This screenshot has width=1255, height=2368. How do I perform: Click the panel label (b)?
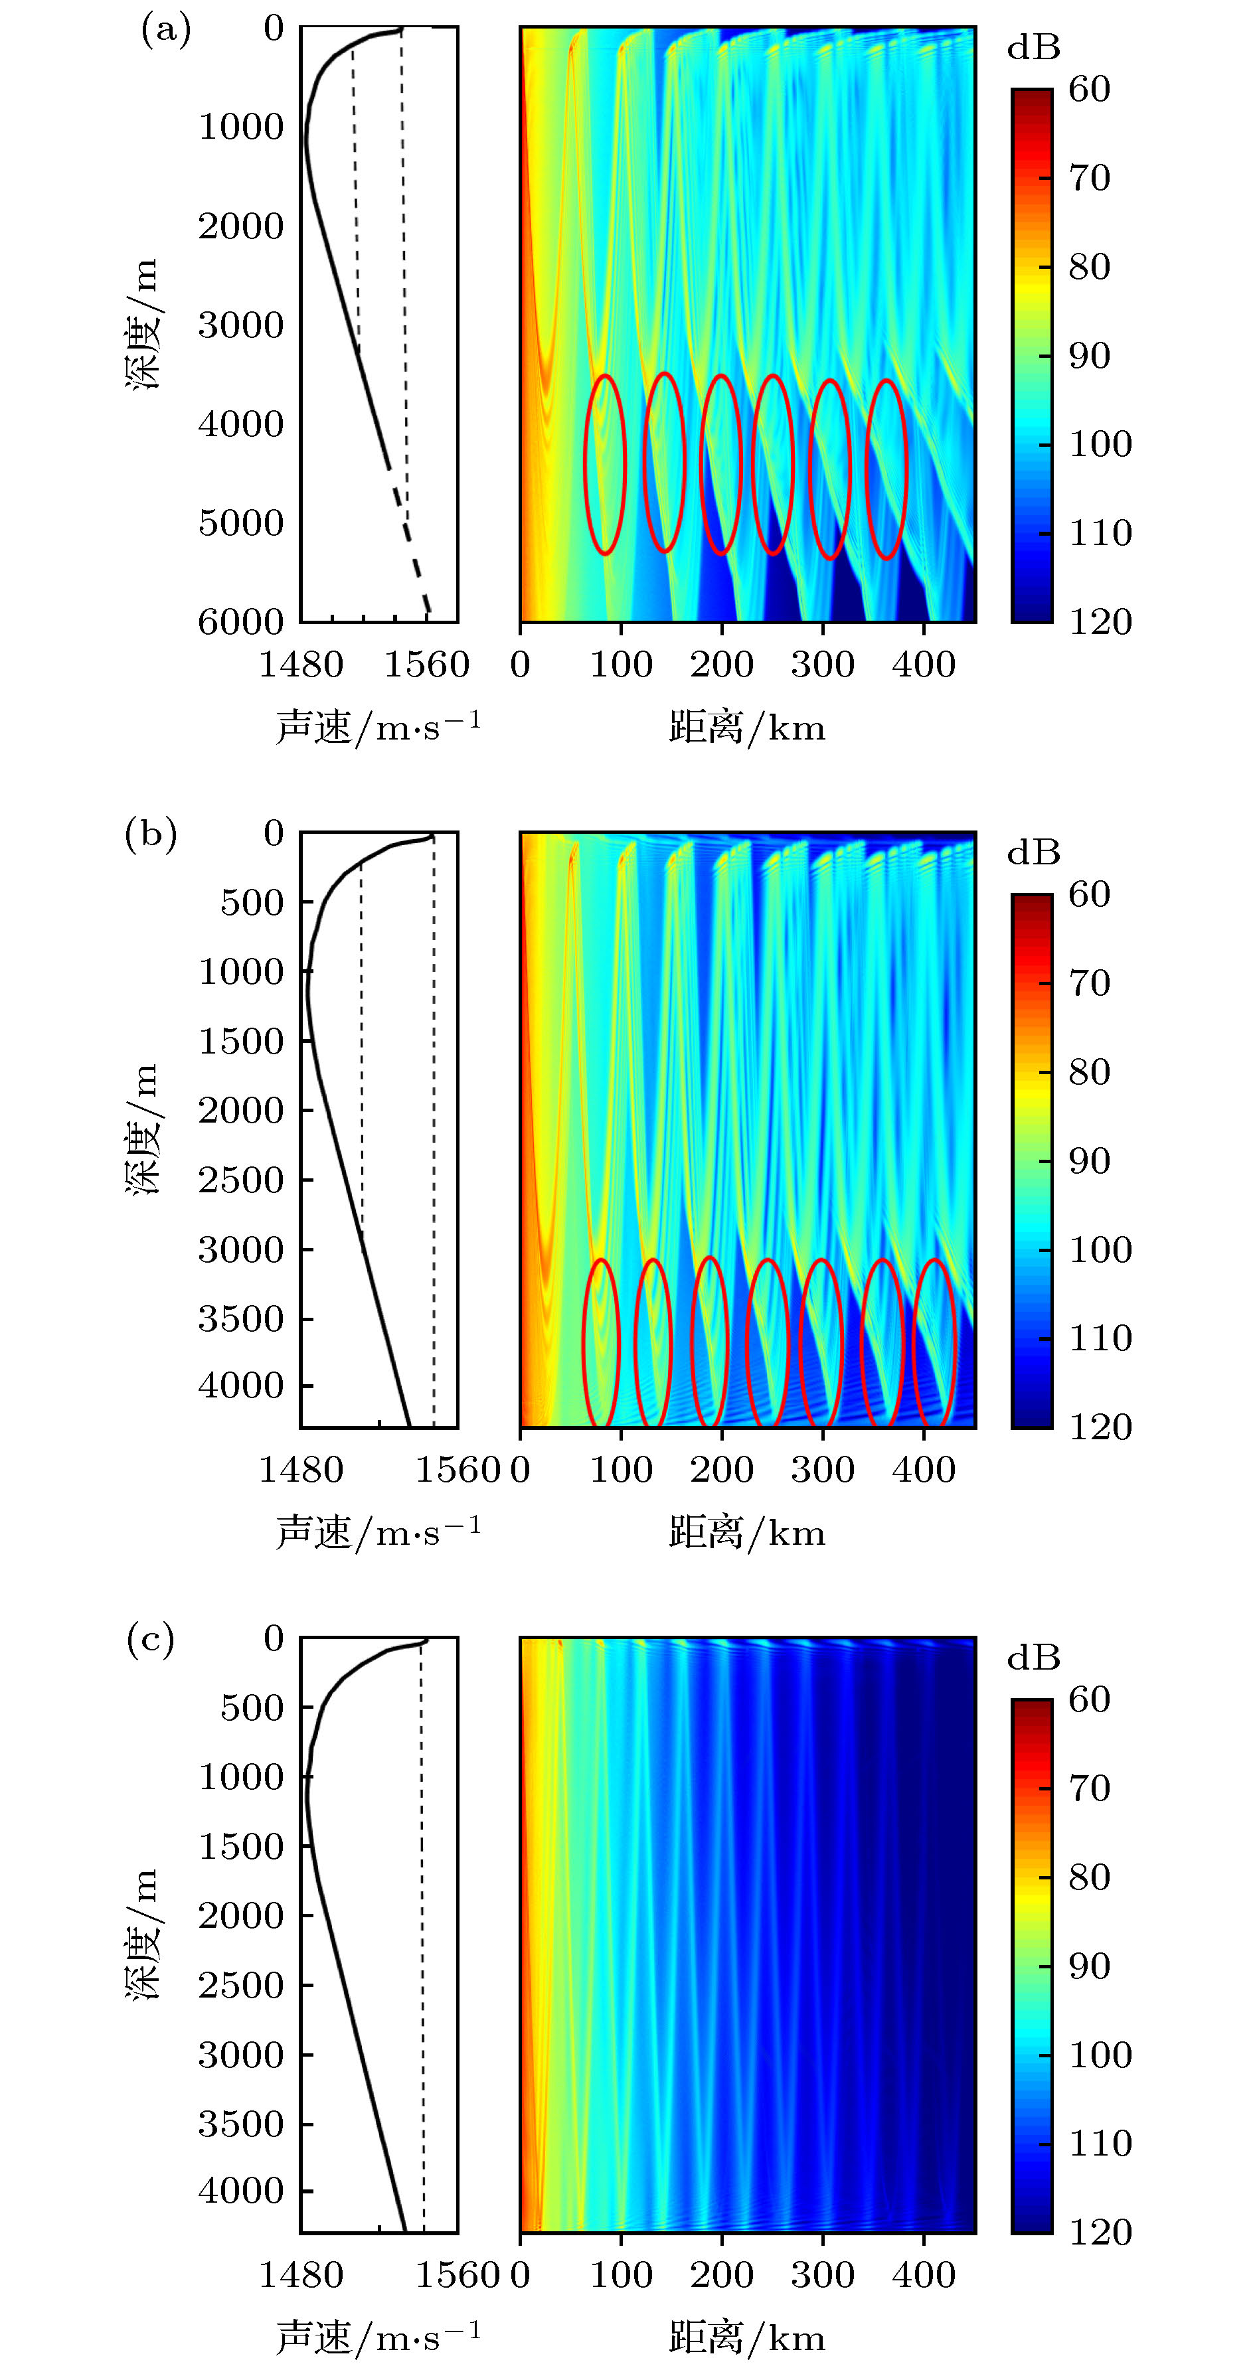(x=151, y=834)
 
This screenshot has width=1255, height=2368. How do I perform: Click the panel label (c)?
(x=150, y=1639)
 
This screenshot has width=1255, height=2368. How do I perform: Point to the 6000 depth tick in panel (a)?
(x=241, y=622)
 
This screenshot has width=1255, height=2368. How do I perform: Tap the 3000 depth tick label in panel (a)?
(x=241, y=325)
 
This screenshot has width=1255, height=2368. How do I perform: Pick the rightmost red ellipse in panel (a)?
(x=886, y=469)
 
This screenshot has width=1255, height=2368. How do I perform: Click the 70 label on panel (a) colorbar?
(x=1090, y=177)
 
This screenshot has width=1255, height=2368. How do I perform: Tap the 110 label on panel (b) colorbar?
(x=1100, y=1338)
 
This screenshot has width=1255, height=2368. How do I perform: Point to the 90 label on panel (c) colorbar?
(x=1090, y=1966)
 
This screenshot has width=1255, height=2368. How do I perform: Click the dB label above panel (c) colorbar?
(x=1033, y=1658)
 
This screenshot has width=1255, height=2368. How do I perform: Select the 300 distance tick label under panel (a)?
(x=823, y=665)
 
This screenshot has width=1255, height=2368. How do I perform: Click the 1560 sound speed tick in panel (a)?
(x=426, y=665)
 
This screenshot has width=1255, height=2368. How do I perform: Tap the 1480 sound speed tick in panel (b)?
(x=301, y=1470)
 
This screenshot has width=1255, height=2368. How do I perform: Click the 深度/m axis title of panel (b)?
(x=143, y=1129)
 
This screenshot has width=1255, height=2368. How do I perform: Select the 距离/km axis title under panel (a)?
(x=746, y=728)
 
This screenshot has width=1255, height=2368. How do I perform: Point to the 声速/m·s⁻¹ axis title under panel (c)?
(x=378, y=2337)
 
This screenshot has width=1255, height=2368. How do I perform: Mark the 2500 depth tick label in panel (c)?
(x=241, y=1986)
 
